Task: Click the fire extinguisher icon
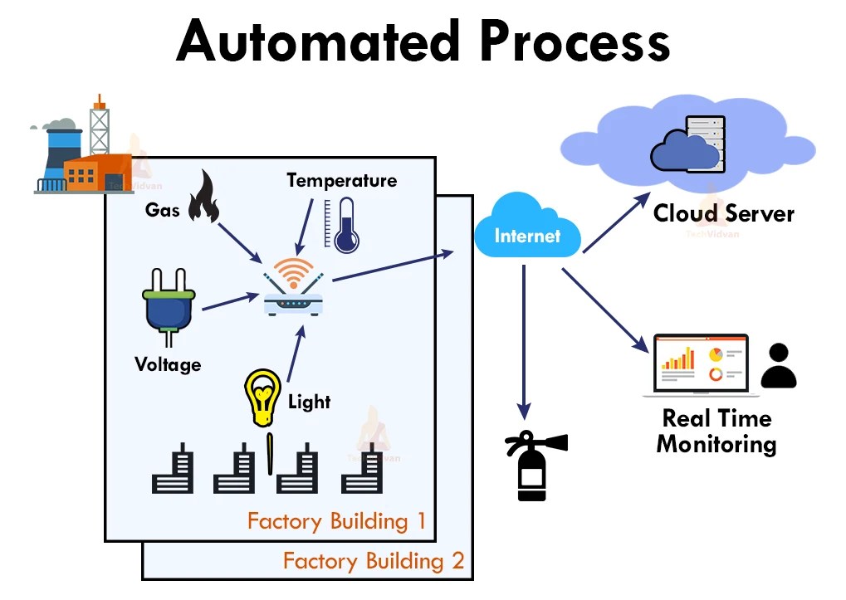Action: pyautogui.click(x=532, y=466)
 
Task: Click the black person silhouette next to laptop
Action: pyautogui.click(x=778, y=367)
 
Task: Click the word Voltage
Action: pyautogui.click(x=168, y=363)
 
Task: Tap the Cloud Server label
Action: pyautogui.click(x=723, y=213)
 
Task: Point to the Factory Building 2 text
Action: pyautogui.click(x=374, y=561)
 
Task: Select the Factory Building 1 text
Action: pyautogui.click(x=336, y=521)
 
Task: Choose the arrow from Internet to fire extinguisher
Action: pyautogui.click(x=524, y=340)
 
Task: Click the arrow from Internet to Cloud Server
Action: pyautogui.click(x=616, y=224)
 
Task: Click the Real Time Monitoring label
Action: pyautogui.click(x=716, y=430)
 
